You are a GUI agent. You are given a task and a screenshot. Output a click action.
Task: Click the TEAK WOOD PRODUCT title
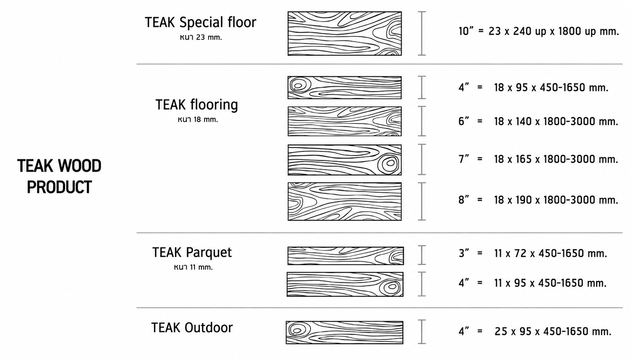pyautogui.click(x=59, y=176)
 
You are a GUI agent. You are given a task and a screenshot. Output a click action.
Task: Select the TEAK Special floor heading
pyautogui.click(x=201, y=22)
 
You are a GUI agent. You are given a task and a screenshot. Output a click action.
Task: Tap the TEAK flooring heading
pyautogui.click(x=197, y=105)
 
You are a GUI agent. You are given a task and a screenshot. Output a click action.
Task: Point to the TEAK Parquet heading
pyautogui.click(x=192, y=253)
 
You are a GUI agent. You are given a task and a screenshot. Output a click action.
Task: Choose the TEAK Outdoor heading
pyautogui.click(x=192, y=328)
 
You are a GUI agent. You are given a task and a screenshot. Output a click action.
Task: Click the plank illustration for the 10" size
pyautogui.click(x=344, y=33)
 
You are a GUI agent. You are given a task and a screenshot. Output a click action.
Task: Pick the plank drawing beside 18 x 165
pyautogui.click(x=344, y=160)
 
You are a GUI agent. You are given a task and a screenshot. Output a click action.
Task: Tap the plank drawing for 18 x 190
pyautogui.click(x=344, y=201)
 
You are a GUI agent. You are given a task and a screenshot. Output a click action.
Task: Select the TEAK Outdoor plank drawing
pyautogui.click(x=344, y=332)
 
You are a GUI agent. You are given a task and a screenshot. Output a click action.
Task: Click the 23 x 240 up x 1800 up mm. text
pyautogui.click(x=553, y=31)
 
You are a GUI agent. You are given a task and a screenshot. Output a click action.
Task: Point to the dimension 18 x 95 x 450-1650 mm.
pyautogui.click(x=551, y=87)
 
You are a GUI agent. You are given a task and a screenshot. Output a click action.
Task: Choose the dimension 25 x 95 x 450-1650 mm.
pyautogui.click(x=553, y=331)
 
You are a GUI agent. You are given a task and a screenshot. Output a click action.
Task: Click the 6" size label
pyautogui.click(x=463, y=121)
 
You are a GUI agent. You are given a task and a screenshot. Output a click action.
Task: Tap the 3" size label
pyautogui.click(x=463, y=253)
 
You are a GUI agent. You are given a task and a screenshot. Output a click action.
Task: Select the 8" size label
pyautogui.click(x=463, y=200)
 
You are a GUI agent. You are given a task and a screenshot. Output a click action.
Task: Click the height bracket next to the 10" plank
pyautogui.click(x=422, y=33)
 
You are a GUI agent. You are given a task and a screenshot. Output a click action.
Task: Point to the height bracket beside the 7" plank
pyautogui.click(x=422, y=159)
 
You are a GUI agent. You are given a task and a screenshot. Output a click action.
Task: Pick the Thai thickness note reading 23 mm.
pyautogui.click(x=201, y=38)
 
